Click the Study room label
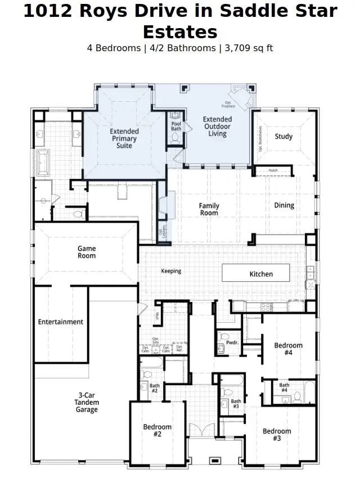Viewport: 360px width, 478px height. [283, 136]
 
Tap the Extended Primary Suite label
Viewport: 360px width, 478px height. [124, 138]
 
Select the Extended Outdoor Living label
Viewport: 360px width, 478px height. [217, 127]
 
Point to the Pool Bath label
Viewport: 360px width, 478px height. [176, 126]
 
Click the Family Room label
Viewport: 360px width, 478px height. [209, 209]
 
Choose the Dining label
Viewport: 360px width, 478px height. [284, 205]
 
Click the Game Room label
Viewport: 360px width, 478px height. [87, 252]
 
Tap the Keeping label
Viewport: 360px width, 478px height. [171, 271]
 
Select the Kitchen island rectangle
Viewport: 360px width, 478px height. [256, 273]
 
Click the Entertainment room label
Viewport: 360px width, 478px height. [61, 322]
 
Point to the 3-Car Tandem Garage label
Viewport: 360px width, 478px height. [87, 402]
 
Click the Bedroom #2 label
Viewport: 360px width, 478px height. [157, 431]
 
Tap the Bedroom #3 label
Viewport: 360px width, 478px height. [277, 435]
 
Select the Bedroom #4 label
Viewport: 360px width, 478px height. [288, 349]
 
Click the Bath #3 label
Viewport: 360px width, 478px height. [236, 404]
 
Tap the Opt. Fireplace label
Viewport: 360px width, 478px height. [228, 104]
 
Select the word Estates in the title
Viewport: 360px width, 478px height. [180, 31]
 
